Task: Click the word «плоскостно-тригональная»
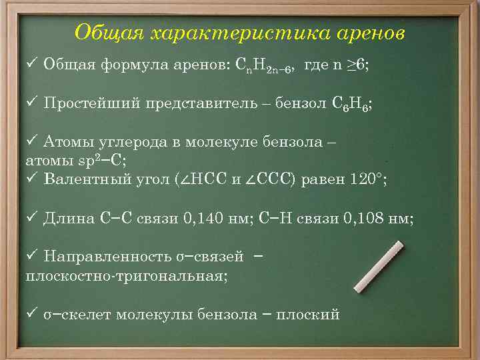[126, 275]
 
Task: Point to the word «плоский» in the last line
[313, 314]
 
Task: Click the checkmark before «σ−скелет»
[29, 313]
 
